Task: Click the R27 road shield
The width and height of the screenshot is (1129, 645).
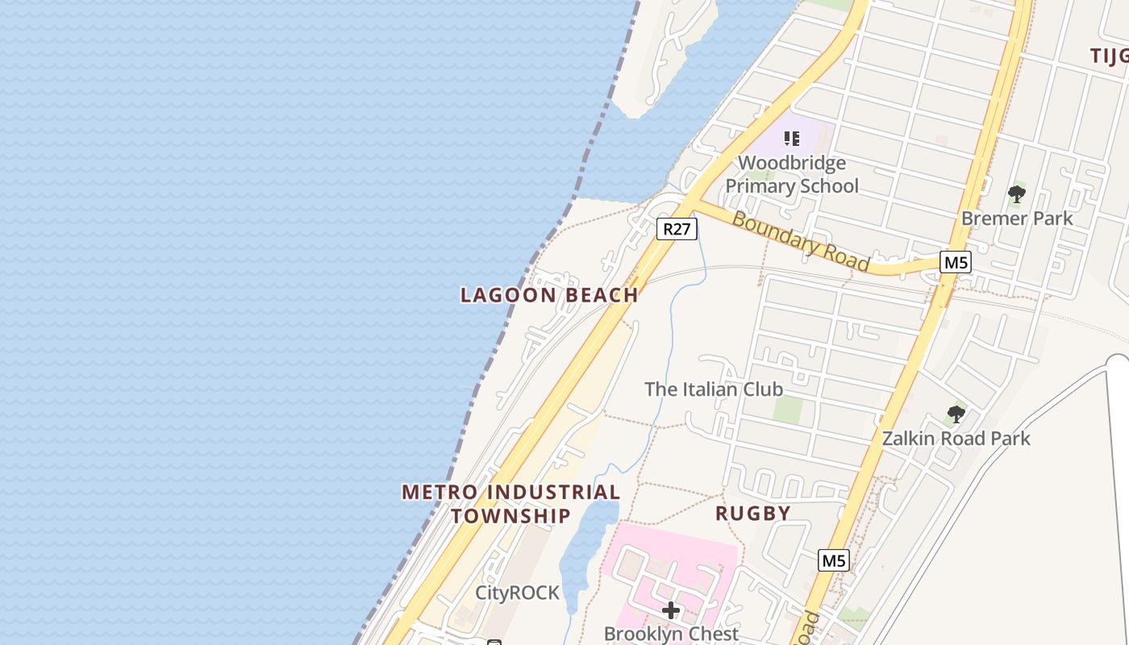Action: [677, 229]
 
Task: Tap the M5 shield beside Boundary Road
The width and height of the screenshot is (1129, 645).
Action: [955, 262]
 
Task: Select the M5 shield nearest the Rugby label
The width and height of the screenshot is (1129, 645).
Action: [833, 560]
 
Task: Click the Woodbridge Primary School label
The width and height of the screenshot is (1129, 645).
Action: [792, 174]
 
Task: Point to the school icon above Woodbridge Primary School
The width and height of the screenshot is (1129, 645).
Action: [792, 139]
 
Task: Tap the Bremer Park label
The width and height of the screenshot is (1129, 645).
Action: [1017, 218]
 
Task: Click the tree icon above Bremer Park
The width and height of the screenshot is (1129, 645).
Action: [1016, 194]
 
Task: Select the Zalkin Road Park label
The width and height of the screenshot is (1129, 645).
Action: [956, 439]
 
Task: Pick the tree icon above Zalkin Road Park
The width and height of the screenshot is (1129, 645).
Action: [956, 415]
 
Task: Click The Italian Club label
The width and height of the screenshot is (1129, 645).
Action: [714, 389]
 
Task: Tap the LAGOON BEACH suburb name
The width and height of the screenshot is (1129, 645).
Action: [549, 295]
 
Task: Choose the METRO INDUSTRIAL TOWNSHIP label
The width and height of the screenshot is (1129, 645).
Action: [511, 503]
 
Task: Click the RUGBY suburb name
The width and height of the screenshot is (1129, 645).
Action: [753, 513]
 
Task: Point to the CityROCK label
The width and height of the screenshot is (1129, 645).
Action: [517, 593]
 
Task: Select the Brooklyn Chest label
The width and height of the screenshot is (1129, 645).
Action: [671, 634]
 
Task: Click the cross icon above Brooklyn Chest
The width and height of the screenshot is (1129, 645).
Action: [670, 610]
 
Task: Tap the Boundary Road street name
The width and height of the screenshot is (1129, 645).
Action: [800, 241]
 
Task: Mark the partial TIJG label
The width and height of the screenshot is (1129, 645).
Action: [1110, 55]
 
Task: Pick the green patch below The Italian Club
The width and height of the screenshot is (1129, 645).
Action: [788, 410]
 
